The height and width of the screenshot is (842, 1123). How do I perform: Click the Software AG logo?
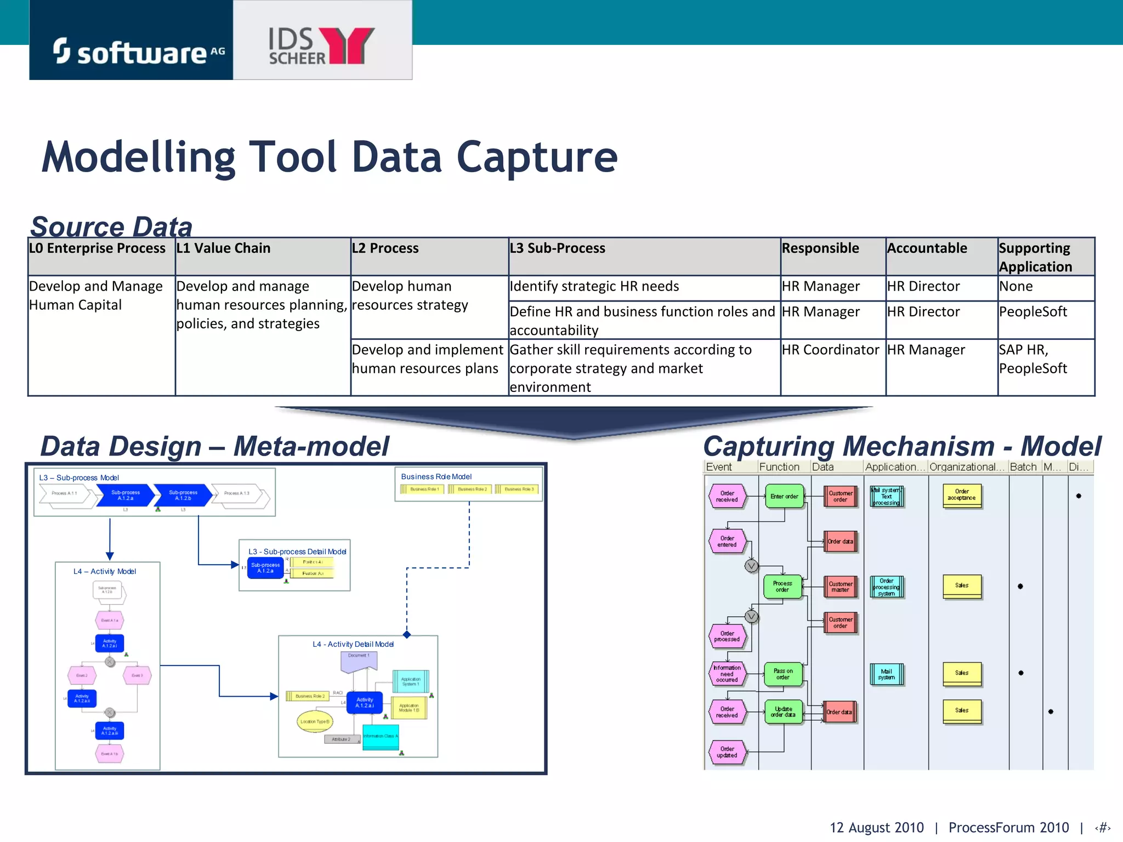132,52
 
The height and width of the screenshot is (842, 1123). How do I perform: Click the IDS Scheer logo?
321,46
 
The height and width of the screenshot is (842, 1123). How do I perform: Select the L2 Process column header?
385,248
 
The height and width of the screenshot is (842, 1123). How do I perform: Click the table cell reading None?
1016,286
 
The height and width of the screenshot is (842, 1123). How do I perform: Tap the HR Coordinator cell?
830,350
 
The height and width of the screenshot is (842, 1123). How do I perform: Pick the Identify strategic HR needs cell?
594,286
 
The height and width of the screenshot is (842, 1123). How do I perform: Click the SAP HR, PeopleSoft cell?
1033,359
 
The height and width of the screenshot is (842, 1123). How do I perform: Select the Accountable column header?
927,248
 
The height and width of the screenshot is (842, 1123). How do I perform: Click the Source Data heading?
111,226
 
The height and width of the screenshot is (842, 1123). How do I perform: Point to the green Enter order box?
784,496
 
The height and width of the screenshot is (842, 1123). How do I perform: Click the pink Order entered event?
727,542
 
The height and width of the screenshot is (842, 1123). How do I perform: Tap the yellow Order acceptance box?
962,495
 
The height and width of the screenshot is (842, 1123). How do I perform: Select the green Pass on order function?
783,674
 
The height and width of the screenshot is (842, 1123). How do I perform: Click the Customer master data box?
840,587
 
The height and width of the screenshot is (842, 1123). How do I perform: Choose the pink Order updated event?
727,752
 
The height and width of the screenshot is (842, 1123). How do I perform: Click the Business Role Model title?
436,477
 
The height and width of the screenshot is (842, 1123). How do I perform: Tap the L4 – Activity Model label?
105,571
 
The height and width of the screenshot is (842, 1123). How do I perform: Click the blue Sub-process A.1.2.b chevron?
183,495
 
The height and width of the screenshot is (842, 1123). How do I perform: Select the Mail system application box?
886,674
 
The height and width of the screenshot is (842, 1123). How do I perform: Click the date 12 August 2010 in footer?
876,827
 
